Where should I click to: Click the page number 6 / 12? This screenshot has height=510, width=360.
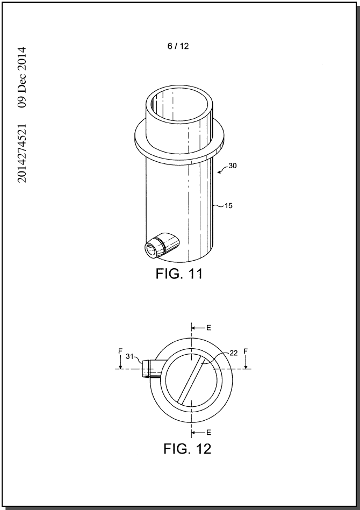coord(178,46)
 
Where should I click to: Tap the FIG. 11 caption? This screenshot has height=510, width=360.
coord(179,274)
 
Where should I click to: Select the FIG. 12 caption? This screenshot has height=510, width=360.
coord(188,449)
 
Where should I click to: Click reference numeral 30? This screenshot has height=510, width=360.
coord(233,166)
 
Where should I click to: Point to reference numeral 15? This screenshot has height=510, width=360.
coord(228,206)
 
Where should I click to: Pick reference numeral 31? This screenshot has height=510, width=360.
coord(129,356)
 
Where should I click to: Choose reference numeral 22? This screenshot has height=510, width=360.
coord(234,353)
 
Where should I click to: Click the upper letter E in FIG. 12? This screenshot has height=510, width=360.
coord(209,327)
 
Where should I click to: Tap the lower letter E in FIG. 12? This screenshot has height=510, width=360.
coord(209,432)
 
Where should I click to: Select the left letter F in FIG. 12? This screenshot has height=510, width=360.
coord(120,351)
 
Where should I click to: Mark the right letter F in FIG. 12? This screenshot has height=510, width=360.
coord(246,351)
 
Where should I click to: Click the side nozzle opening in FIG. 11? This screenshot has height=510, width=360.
coord(151,250)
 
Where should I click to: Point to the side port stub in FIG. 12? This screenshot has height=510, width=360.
coord(152,369)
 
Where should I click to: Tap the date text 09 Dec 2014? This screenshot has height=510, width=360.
coord(22,77)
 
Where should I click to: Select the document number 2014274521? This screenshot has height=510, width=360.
coord(22,153)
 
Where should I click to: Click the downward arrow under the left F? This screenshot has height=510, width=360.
coord(120,362)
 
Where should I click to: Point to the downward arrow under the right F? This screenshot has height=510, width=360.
coord(246,362)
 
